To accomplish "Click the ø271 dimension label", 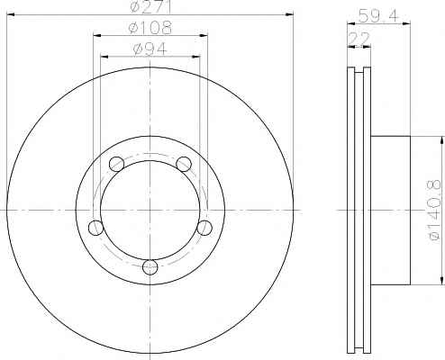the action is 150,6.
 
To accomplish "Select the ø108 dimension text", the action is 150,28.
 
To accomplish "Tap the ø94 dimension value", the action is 150,49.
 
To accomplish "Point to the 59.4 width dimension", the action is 378,16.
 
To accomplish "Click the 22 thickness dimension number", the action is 359,39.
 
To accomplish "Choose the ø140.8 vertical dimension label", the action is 435,210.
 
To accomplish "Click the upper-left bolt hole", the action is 116,164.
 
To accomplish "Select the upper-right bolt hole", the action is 184,164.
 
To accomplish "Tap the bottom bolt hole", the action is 150,267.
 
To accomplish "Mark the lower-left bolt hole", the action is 96,228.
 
